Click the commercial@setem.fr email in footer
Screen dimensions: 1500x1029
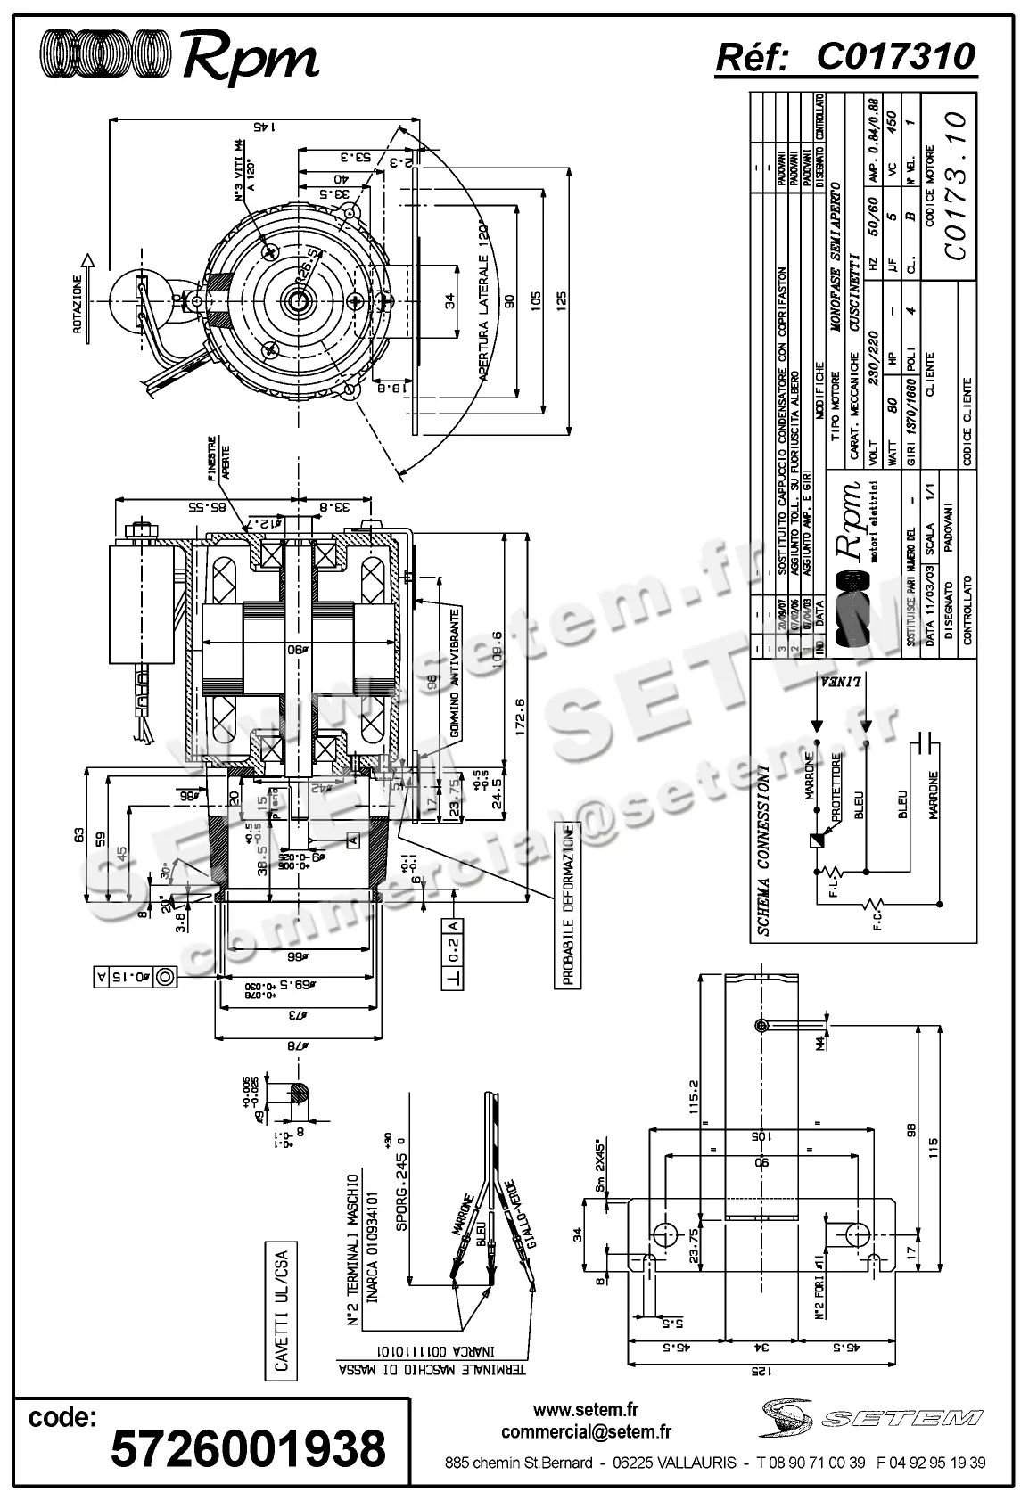pyautogui.click(x=586, y=1432)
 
